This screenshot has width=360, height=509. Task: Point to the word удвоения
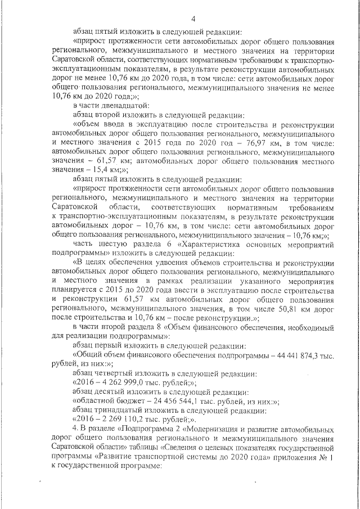173,262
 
